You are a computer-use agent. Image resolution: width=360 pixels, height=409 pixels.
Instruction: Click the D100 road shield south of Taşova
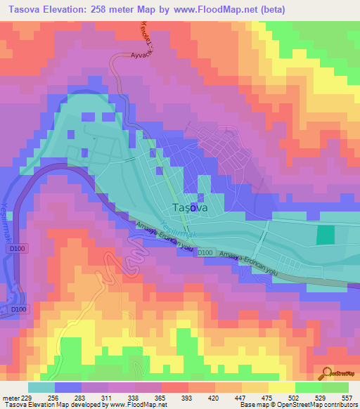coord(205,252)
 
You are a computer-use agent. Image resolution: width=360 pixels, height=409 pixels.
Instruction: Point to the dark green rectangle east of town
coord(325,235)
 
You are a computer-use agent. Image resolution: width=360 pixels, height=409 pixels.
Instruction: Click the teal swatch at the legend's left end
coord(41,387)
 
